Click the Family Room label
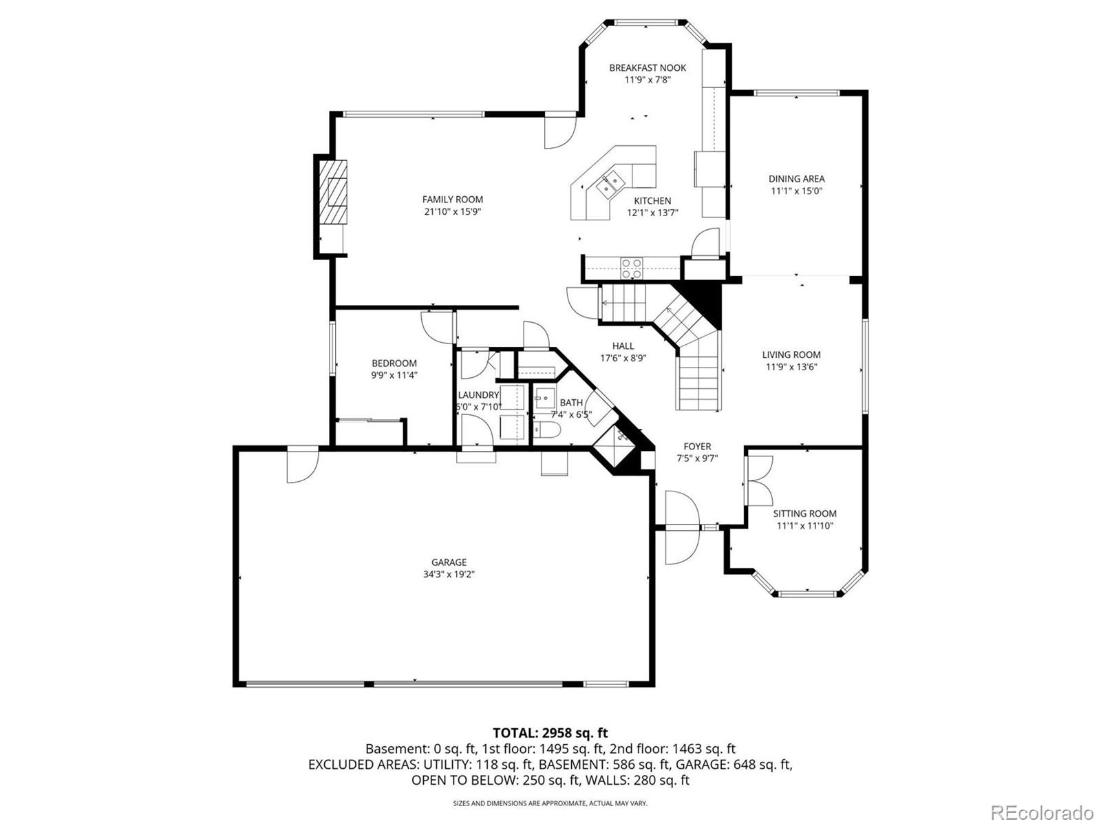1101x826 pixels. point(452,200)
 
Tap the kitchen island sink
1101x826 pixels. point(610,183)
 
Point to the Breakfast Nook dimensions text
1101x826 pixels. point(647,80)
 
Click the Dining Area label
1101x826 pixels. point(796,179)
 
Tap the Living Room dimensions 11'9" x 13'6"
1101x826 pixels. point(791,367)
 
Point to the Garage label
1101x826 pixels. point(449,562)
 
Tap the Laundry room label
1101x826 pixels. point(478,395)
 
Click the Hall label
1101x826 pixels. point(623,346)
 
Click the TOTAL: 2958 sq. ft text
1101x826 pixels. point(550,732)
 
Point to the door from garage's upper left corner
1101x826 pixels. point(303,465)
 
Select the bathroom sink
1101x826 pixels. point(544,398)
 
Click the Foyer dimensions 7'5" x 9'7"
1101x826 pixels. point(697,458)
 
